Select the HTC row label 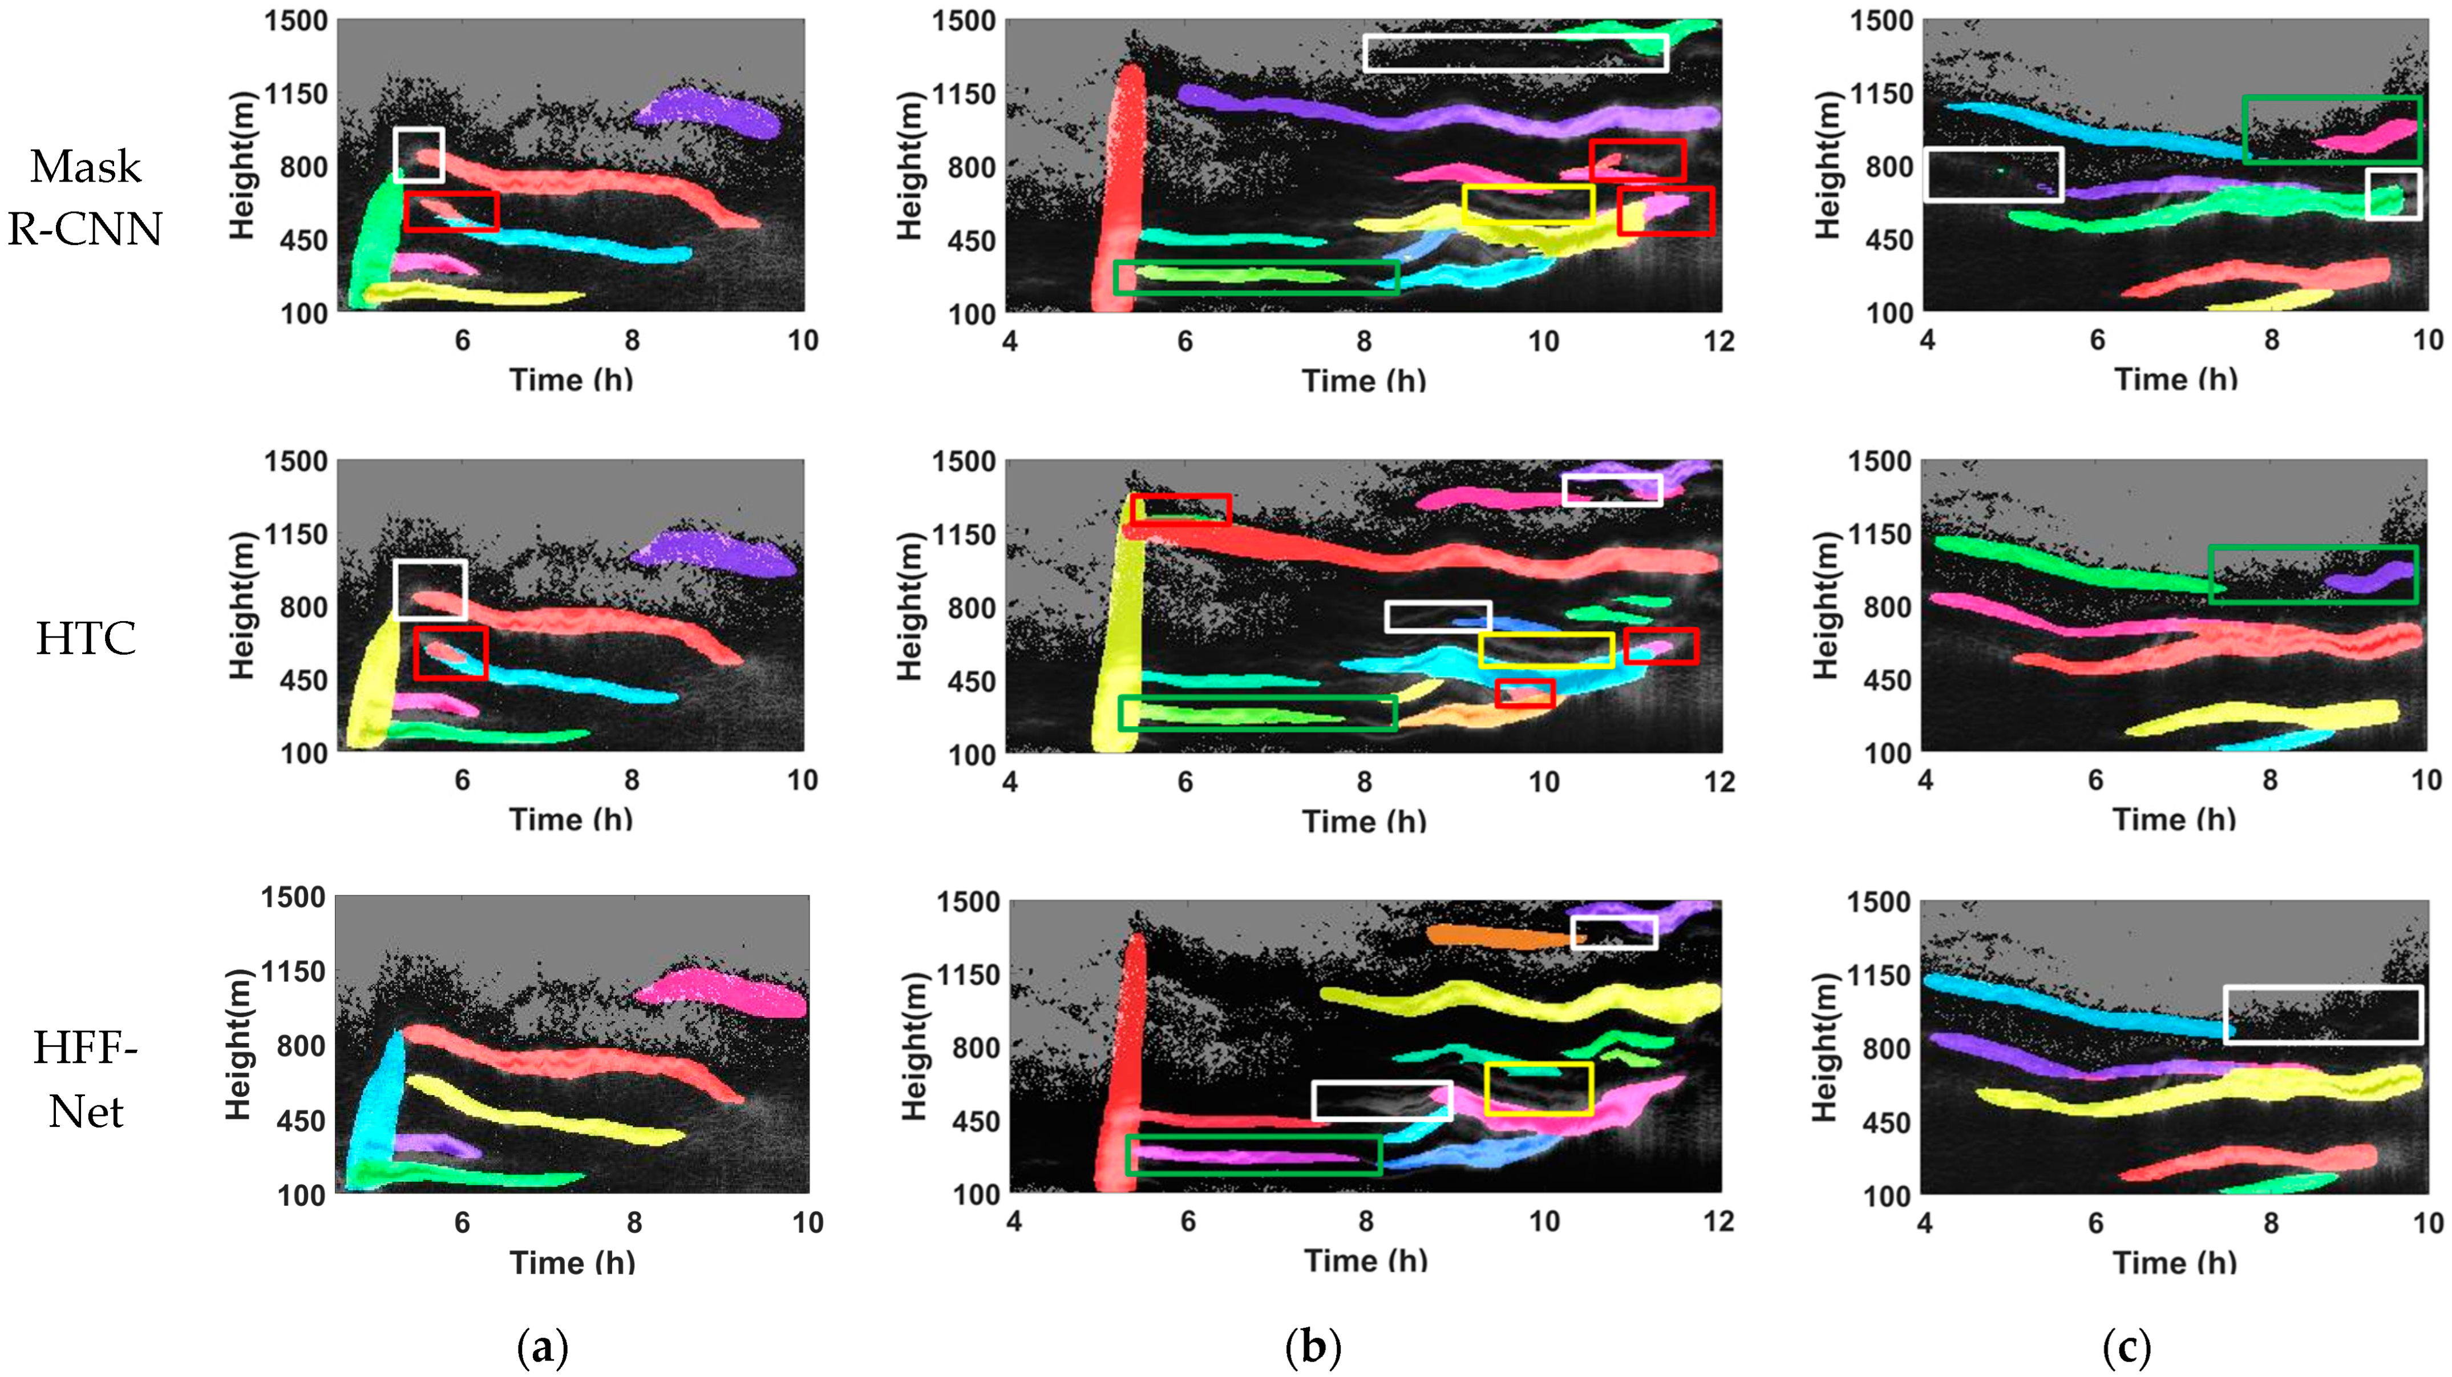(86, 638)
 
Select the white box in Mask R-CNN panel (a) (419, 154)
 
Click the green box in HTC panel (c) (2312, 574)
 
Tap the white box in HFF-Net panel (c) (2322, 1015)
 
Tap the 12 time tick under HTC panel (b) (1719, 782)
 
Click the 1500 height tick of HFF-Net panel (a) (293, 897)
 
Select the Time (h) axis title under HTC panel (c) (2174, 819)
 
